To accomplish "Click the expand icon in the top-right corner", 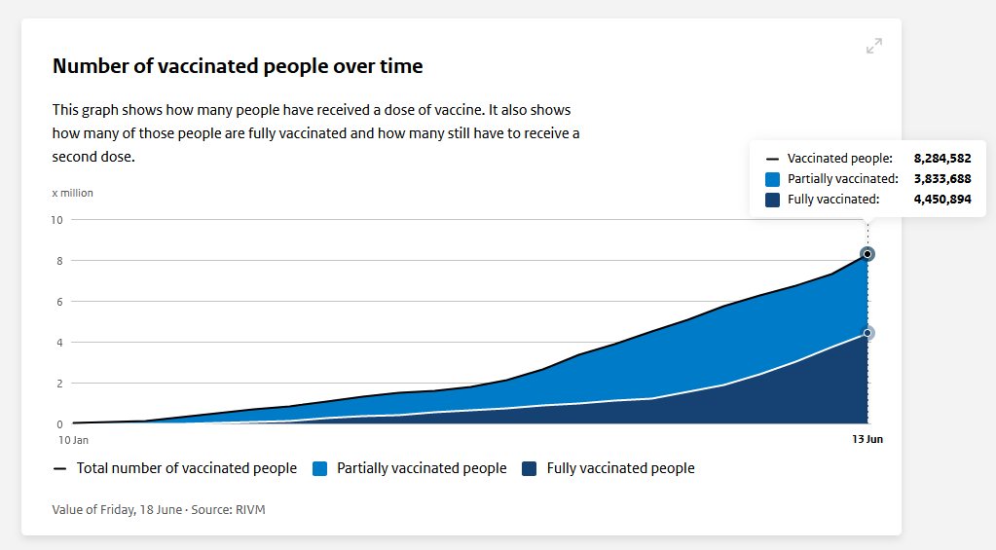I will click(874, 46).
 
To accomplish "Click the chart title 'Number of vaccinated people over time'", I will click(238, 66).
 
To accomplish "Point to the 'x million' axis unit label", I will click(73, 193).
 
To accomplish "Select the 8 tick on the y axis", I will click(58, 261).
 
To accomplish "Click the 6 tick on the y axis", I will click(58, 302).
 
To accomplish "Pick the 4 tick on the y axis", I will click(58, 343).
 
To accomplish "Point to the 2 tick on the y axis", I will click(58, 384).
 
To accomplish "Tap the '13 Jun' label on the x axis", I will click(867, 440).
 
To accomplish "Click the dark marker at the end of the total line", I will click(867, 254).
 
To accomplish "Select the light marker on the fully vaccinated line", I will click(867, 333).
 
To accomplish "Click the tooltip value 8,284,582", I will click(941, 158).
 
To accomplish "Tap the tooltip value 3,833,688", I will click(941, 179).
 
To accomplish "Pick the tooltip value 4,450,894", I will click(941, 200).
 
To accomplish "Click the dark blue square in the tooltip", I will click(773, 200).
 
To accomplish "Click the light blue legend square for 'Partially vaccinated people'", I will click(320, 469).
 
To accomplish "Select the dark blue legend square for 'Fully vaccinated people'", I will click(530, 469).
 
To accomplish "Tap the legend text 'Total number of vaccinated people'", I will click(187, 469).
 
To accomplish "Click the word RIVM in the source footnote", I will click(250, 509).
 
